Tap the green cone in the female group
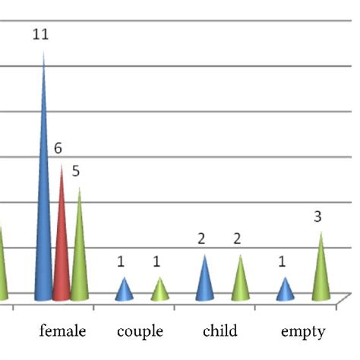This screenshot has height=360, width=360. click(x=79, y=258)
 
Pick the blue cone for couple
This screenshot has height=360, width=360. click(x=125, y=291)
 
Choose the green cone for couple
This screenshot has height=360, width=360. click(x=159, y=291)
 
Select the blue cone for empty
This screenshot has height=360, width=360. click(x=284, y=291)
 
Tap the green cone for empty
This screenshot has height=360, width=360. click(x=321, y=273)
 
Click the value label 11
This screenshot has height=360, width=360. click(x=43, y=35)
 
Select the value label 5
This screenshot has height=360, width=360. click(x=76, y=171)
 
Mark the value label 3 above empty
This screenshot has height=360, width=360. click(x=318, y=217)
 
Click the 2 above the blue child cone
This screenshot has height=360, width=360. click(x=202, y=239)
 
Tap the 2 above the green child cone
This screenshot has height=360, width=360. click(x=238, y=239)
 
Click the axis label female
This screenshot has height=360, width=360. click(x=62, y=331)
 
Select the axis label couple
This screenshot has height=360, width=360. click(x=140, y=331)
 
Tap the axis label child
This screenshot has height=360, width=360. click(x=220, y=331)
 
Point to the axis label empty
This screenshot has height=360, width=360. click(x=303, y=331)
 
